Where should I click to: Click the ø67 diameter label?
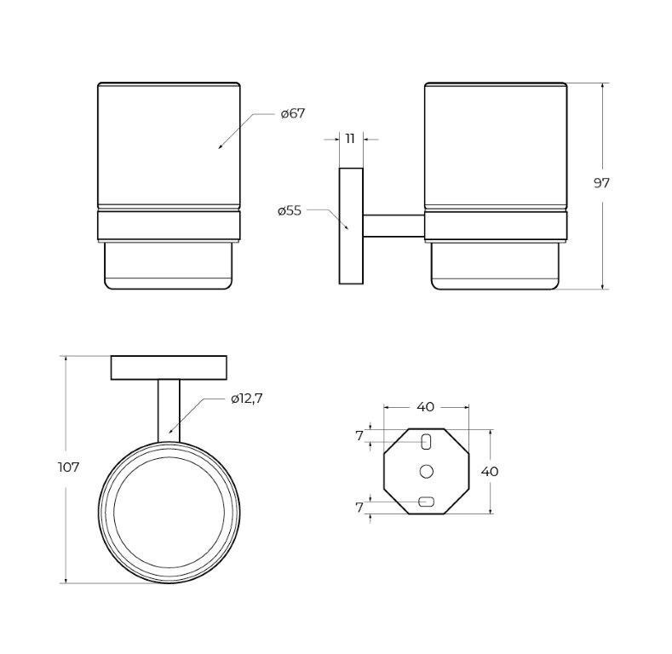pos(293,114)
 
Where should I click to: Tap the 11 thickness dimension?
pos(350,139)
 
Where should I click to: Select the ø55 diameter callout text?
pos(290,211)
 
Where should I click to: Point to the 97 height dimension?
pos(600,183)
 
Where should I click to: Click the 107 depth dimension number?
pos(69,468)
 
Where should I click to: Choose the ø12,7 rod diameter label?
pos(246,399)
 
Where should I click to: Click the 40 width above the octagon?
pos(426,407)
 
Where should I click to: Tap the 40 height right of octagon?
pos(490,472)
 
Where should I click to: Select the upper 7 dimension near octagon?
pos(359,436)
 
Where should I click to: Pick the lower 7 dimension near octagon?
pos(359,508)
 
